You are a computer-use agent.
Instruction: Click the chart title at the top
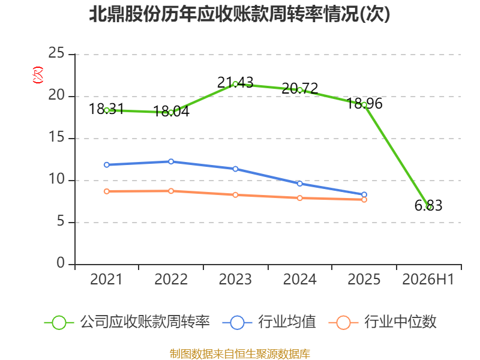click(239, 14)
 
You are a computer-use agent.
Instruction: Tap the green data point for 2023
click(235, 84)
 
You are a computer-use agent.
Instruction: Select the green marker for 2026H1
click(429, 207)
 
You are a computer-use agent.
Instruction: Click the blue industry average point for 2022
click(171, 161)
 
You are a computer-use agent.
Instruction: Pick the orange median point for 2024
click(300, 198)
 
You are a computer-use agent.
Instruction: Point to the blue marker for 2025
click(364, 194)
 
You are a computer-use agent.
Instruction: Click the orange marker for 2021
click(107, 191)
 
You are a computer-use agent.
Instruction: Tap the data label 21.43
click(235, 82)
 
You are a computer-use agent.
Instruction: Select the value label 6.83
click(428, 205)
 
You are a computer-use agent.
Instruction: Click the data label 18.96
click(364, 103)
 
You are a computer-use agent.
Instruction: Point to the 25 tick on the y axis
click(56, 53)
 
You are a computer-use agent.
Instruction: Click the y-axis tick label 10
click(56, 179)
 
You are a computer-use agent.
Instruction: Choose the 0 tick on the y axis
click(61, 263)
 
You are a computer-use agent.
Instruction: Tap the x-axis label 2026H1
click(428, 279)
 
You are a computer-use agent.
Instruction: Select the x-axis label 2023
click(235, 279)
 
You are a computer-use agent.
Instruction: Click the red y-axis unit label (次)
click(38, 75)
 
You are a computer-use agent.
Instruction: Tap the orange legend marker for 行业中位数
click(343, 323)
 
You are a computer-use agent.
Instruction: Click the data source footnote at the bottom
click(240, 354)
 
